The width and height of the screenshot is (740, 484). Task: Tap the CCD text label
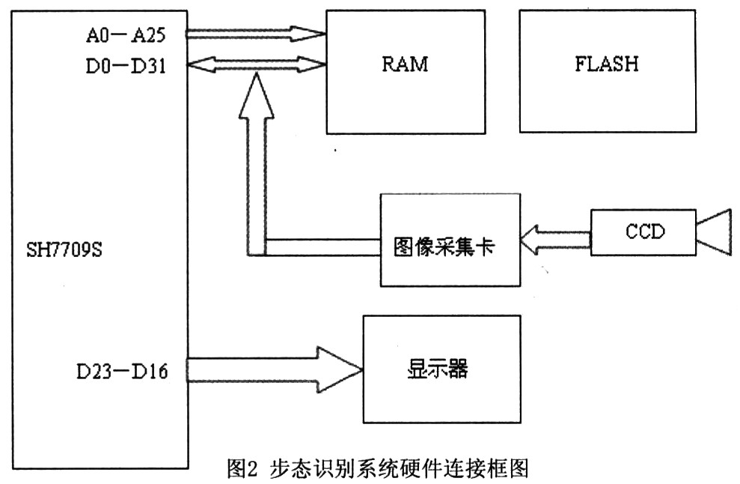tap(644, 232)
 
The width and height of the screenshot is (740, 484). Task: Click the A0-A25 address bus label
tap(132, 34)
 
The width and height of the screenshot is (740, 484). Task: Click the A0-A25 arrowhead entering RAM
tap(313, 33)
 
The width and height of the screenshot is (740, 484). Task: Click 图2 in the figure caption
tap(242, 470)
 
